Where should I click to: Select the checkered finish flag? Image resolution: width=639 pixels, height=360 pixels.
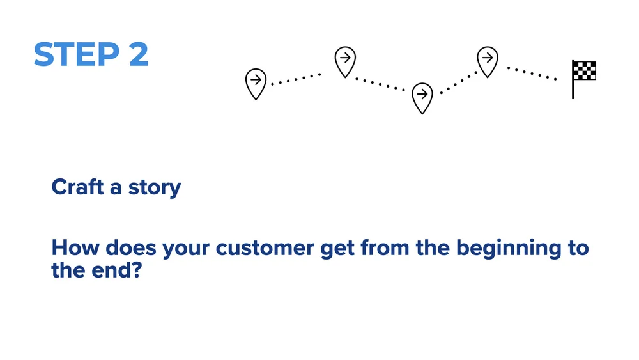(585, 71)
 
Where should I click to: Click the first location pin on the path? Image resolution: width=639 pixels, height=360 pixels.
(256, 82)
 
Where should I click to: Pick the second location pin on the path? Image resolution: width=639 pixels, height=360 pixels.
(345, 61)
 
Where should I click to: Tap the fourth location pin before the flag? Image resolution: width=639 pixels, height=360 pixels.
(488, 61)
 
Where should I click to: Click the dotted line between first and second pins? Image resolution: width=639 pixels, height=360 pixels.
(296, 79)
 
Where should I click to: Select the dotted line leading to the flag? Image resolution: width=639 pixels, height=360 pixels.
(532, 73)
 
